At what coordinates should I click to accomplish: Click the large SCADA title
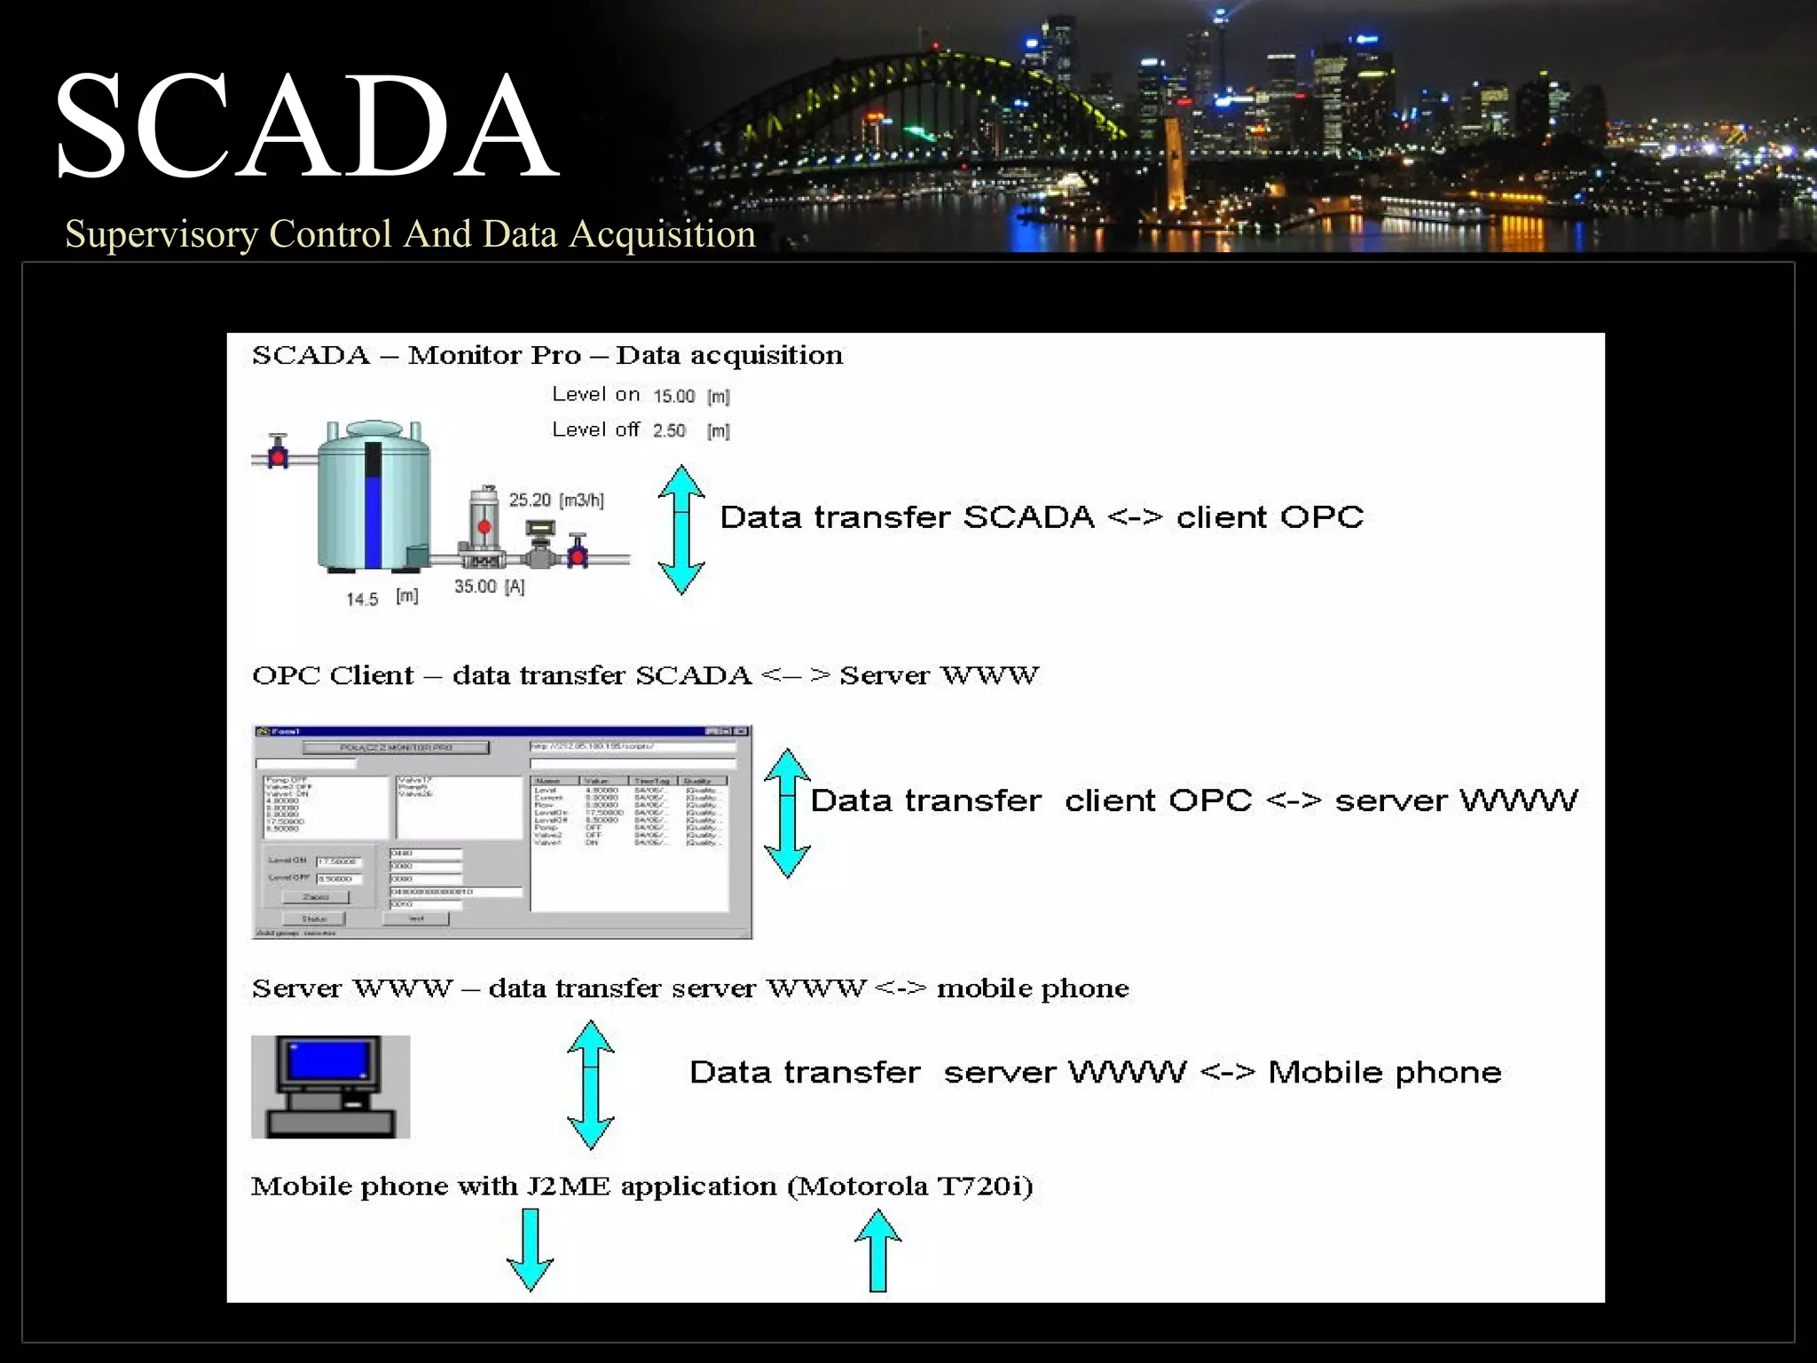(306, 126)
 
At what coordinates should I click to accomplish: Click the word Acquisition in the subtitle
(662, 234)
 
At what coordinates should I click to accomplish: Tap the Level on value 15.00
(673, 396)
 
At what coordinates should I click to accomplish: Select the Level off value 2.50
(669, 430)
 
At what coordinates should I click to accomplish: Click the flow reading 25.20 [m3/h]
(555, 500)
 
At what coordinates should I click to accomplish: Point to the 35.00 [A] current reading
(489, 587)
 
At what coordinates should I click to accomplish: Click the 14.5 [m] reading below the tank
(381, 598)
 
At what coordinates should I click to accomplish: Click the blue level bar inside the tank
(374, 519)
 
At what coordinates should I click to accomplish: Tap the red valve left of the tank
(278, 455)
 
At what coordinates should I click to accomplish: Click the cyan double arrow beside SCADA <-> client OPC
(681, 530)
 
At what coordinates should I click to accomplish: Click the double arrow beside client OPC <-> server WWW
(787, 813)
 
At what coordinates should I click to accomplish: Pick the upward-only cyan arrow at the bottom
(877, 1250)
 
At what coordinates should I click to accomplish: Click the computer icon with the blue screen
(330, 1086)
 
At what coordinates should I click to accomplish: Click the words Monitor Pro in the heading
(494, 355)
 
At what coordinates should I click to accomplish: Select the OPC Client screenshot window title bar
(501, 731)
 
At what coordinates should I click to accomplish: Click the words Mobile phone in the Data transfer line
(1384, 1072)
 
